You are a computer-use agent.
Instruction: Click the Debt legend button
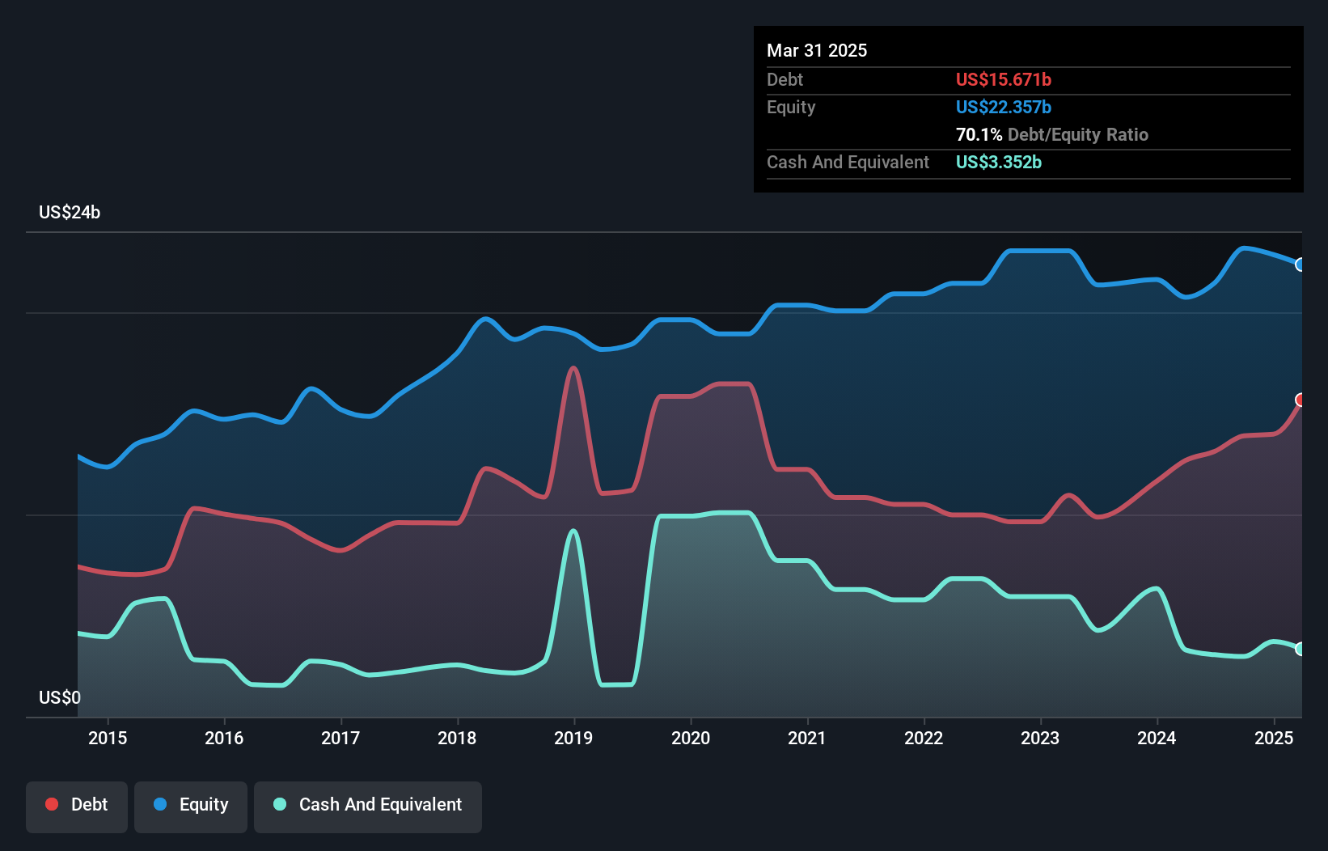point(77,806)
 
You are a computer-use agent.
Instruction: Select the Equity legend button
point(191,806)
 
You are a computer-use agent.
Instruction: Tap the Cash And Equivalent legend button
point(368,806)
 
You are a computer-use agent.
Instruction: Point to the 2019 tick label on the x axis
point(573,738)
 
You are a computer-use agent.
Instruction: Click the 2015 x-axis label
point(108,738)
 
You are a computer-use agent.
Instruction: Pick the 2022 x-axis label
point(924,738)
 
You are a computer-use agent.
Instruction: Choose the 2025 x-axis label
point(1273,738)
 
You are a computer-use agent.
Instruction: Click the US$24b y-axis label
point(70,213)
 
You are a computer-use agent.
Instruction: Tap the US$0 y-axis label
point(60,697)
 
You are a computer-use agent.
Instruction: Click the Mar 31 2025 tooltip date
point(817,51)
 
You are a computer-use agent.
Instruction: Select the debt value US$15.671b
point(1003,79)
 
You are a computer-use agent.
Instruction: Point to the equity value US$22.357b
point(1003,107)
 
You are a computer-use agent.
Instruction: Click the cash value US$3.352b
point(998,162)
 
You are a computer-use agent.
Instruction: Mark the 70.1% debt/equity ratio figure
point(979,134)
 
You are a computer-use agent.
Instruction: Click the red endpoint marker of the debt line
point(1301,400)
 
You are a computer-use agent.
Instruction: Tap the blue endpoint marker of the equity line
point(1301,265)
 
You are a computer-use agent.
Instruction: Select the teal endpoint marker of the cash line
point(1301,649)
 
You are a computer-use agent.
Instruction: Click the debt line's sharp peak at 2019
point(573,369)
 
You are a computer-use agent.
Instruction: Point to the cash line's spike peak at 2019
point(573,531)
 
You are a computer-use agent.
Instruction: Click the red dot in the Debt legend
point(52,804)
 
